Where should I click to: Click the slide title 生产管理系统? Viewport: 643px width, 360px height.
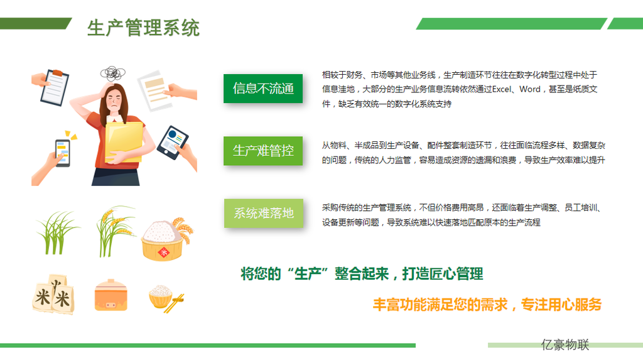click(143, 28)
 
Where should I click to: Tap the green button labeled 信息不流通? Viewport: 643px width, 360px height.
click(263, 88)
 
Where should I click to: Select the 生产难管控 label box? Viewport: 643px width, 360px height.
click(263, 151)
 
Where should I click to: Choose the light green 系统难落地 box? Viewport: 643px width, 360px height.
click(263, 213)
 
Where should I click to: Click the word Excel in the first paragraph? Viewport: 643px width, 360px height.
click(502, 89)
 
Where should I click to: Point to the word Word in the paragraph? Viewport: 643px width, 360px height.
click(530, 89)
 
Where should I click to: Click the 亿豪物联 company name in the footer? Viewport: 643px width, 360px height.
click(565, 344)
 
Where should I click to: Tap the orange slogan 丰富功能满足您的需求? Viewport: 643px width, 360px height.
click(440, 305)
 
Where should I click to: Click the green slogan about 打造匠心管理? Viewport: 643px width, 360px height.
click(362, 273)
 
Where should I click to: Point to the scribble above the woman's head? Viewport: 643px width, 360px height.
click(113, 74)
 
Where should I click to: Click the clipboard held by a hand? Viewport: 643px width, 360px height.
click(55, 87)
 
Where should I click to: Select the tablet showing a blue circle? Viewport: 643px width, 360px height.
click(173, 142)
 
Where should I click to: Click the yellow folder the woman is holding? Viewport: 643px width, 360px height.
click(124, 141)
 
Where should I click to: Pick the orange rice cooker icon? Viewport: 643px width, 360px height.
click(111, 295)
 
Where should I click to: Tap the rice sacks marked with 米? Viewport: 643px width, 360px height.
click(54, 294)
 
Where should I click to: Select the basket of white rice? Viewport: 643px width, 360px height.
click(165, 240)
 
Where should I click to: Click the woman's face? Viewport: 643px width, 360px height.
click(114, 101)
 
